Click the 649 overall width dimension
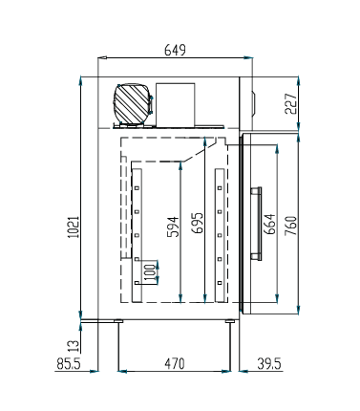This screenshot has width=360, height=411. pos(174,49)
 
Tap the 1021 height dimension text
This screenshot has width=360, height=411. pos(74,225)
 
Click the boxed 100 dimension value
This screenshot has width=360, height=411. pos(148,271)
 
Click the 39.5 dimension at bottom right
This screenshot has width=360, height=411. pos(268,363)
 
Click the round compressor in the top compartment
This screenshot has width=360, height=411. pos(133,102)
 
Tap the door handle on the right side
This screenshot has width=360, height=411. pos(254,225)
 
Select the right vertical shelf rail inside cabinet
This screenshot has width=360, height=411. pos(221,227)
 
